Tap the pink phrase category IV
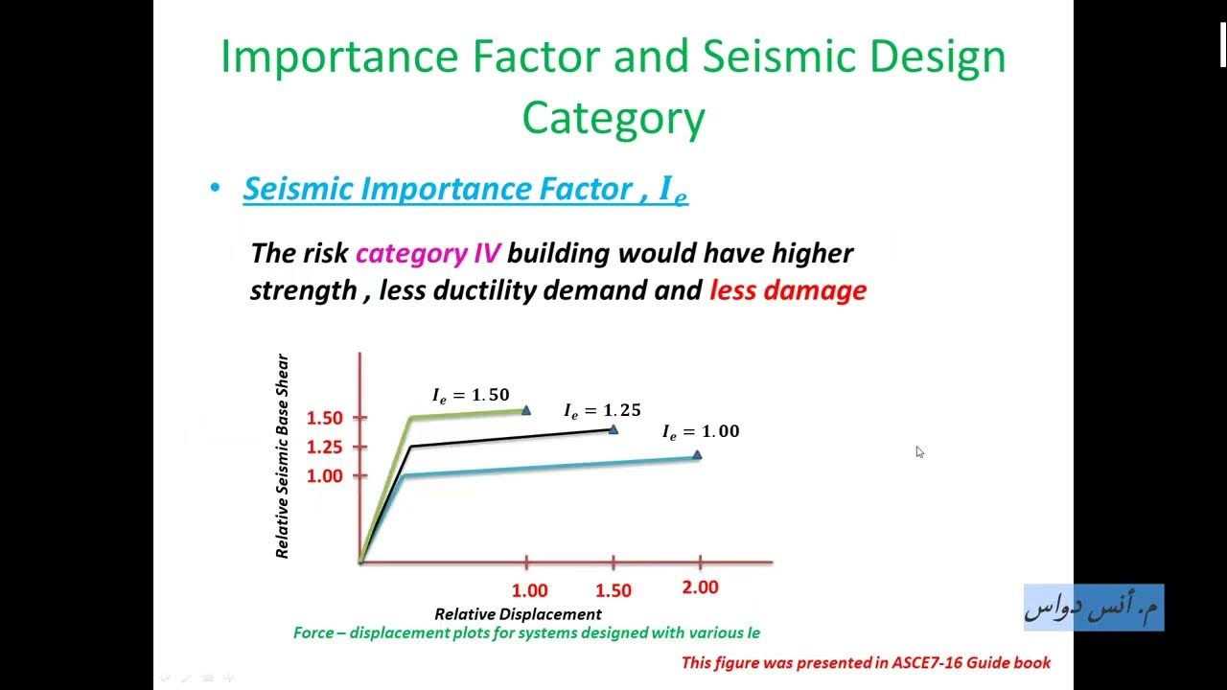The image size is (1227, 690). (x=428, y=254)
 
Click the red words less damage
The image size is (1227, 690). (x=787, y=290)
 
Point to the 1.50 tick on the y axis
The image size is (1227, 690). (x=324, y=418)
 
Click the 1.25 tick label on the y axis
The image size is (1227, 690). (x=324, y=447)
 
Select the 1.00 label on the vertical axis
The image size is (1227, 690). (x=324, y=475)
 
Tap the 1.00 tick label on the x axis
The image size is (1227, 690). (x=529, y=591)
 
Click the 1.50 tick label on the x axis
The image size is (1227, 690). (x=613, y=591)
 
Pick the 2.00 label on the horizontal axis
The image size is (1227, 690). (x=700, y=587)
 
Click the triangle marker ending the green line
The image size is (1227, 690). (x=526, y=410)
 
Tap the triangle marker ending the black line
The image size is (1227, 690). (x=613, y=429)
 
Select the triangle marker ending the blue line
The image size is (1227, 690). (x=697, y=455)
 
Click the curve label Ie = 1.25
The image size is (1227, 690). (x=602, y=411)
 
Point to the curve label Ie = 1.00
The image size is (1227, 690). (x=701, y=432)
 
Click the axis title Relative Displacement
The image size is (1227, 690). (x=518, y=614)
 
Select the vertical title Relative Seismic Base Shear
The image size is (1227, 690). (x=282, y=456)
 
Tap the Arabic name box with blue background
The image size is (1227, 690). (x=1094, y=608)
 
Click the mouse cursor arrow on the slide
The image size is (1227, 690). (x=919, y=452)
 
